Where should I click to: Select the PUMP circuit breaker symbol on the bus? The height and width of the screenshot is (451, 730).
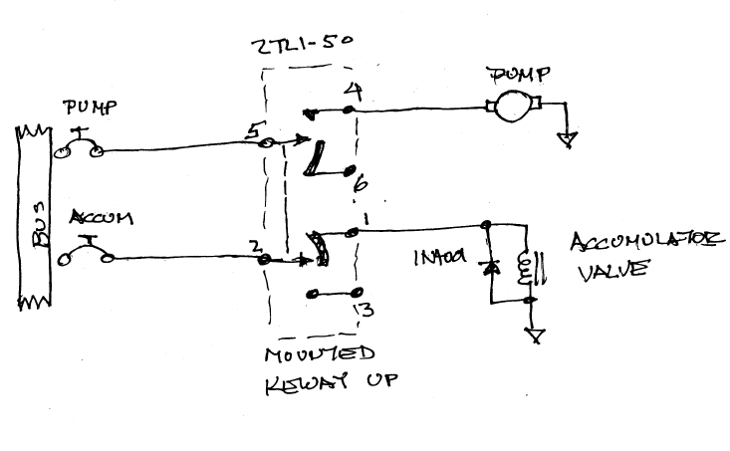[x=80, y=149]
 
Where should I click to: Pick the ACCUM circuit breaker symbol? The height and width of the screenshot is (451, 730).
[x=86, y=256]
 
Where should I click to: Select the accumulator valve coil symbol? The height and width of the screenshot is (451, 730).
[x=525, y=268]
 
